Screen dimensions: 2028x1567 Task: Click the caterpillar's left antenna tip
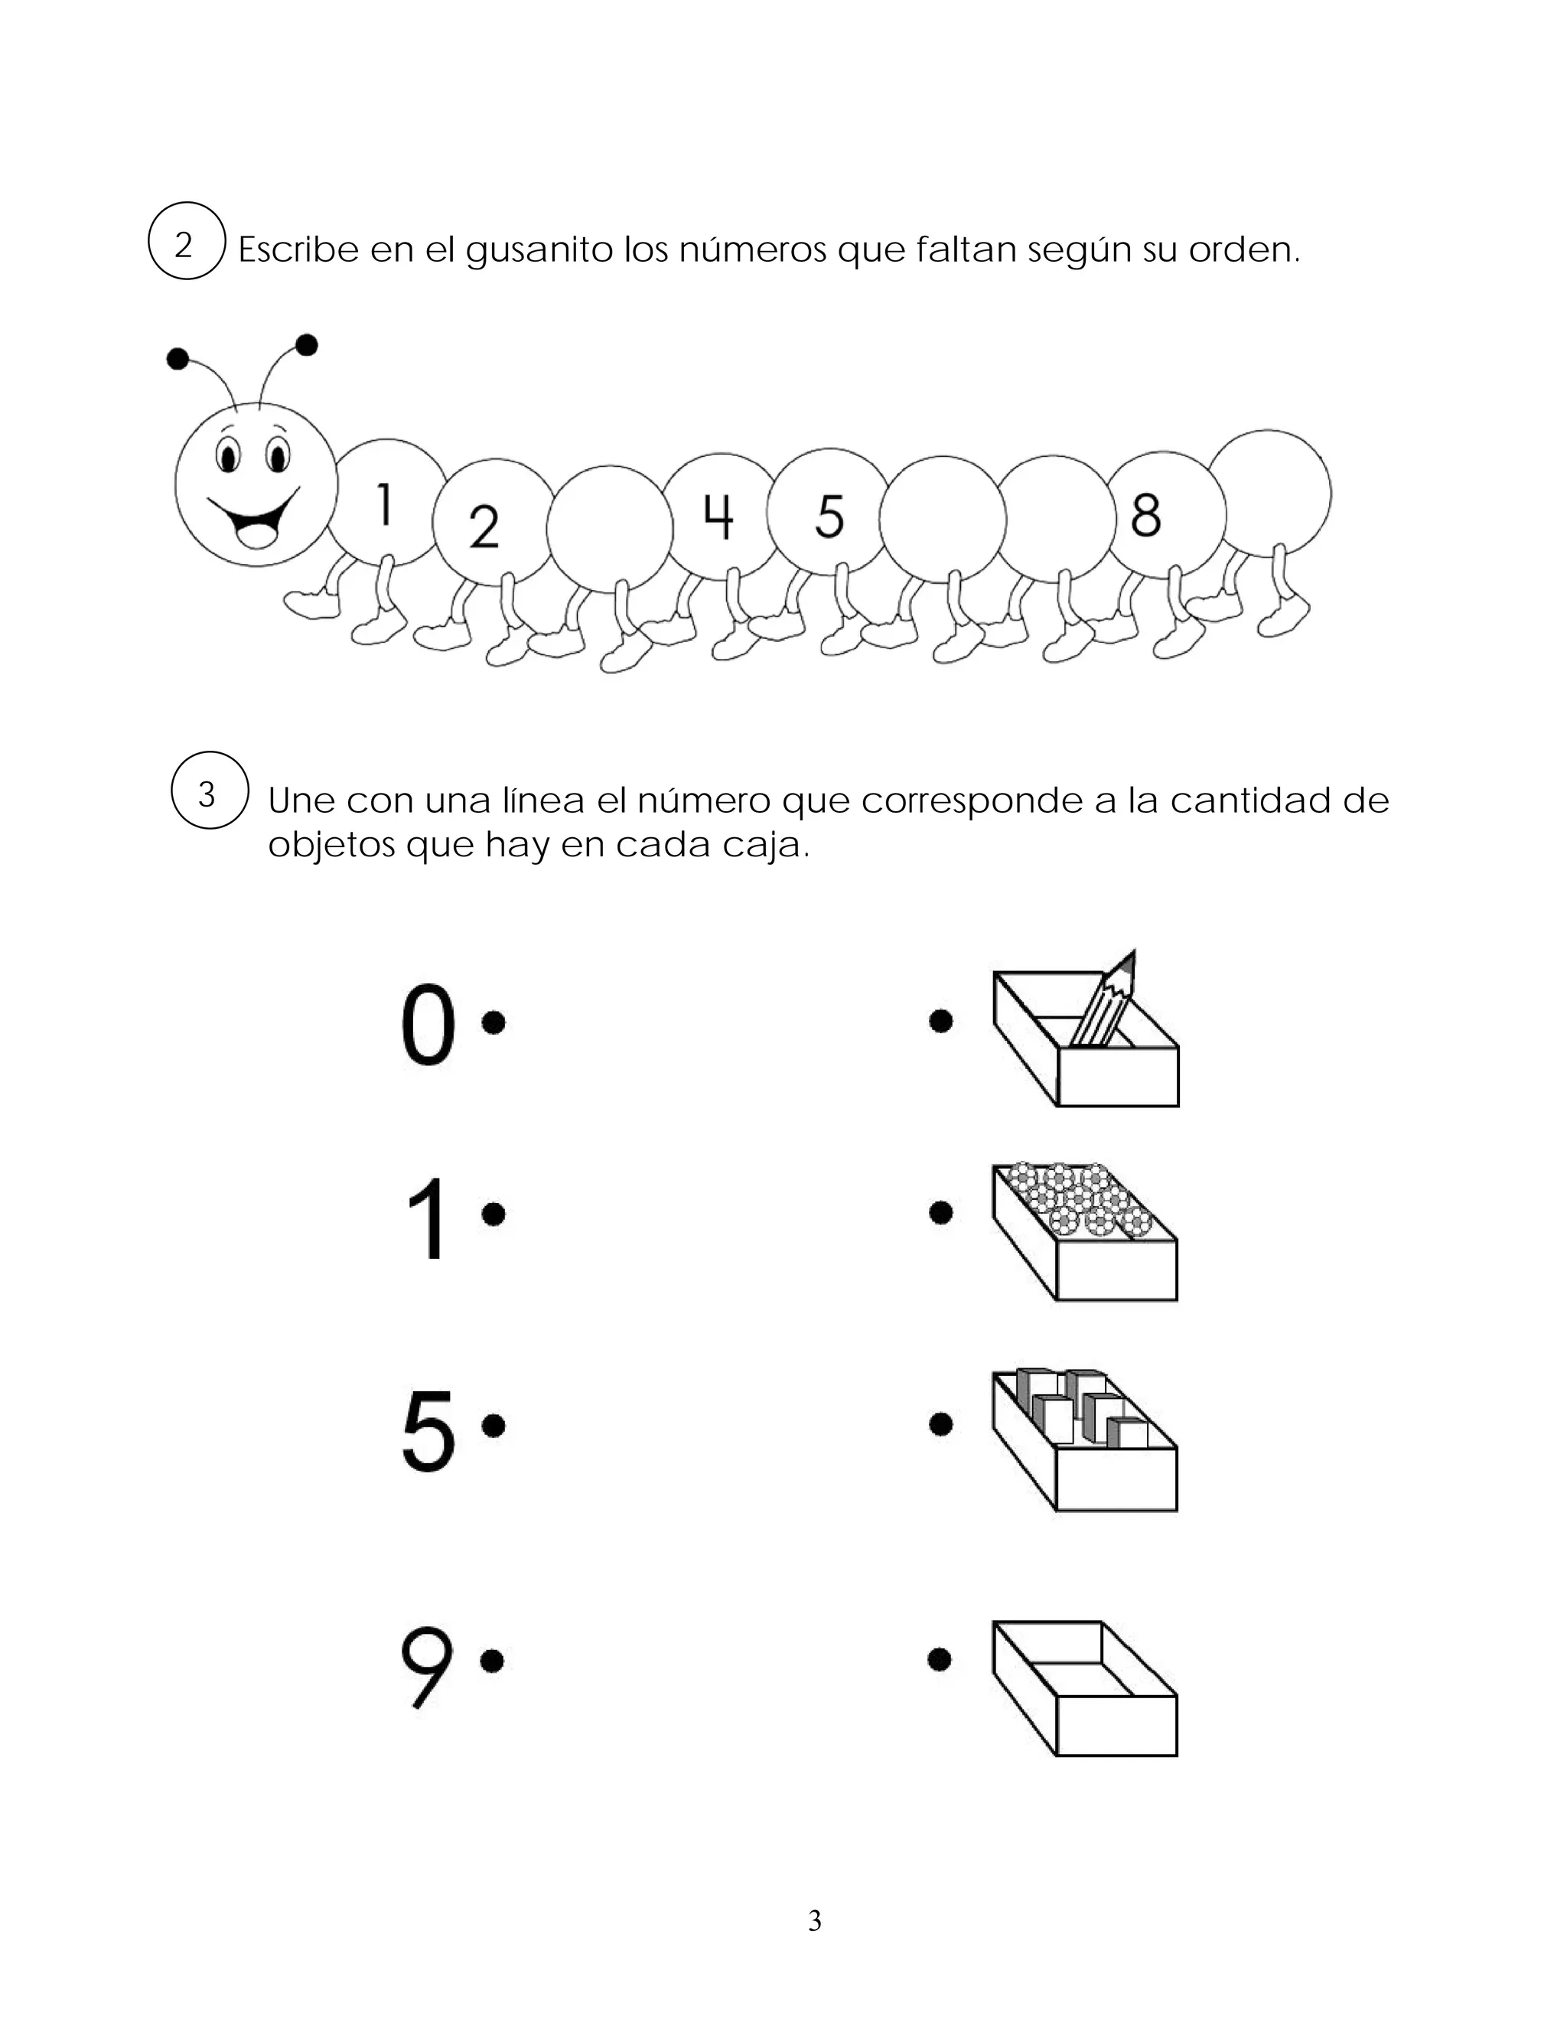178,358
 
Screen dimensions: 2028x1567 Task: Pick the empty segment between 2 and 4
609,527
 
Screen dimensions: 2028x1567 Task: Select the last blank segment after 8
1270,492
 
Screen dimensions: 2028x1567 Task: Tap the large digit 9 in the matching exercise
426,1668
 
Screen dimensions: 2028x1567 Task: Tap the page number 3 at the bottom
814,1920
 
